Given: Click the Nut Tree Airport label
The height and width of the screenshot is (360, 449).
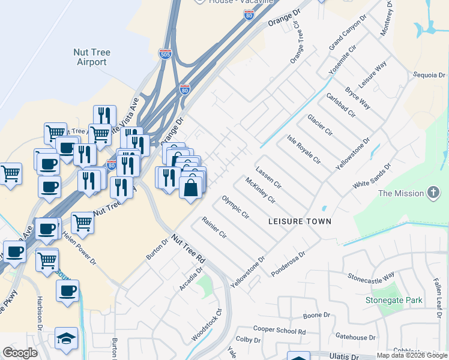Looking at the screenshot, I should click(91, 57).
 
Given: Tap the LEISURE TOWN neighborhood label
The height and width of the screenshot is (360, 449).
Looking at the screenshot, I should click(300, 221).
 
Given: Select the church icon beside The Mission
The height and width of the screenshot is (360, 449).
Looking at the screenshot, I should click(433, 193).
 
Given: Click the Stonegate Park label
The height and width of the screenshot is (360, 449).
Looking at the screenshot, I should click(394, 300).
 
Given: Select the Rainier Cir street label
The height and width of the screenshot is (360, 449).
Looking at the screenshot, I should click(214, 226).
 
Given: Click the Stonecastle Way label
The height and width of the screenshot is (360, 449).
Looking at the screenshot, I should click(372, 276).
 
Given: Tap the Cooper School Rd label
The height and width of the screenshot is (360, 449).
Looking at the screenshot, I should click(279, 330).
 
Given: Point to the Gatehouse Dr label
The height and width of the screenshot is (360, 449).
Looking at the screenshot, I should click(355, 337).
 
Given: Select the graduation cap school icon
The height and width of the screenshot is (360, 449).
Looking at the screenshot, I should click(66, 338).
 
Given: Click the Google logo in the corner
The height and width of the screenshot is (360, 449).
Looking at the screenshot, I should click(20, 353).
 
